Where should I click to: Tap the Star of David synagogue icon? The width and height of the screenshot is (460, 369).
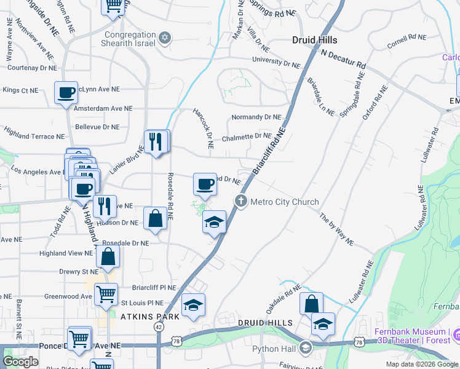(x=164, y=39)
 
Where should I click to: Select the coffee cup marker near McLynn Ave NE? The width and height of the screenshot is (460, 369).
(x=66, y=93)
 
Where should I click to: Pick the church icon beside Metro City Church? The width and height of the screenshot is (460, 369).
(x=240, y=201)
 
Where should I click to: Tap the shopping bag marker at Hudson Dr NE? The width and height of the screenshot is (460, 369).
(x=156, y=218)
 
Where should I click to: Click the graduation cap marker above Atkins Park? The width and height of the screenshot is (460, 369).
(x=193, y=305)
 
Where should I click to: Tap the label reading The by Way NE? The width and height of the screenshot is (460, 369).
(x=336, y=229)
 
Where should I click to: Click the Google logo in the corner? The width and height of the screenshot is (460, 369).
(x=20, y=362)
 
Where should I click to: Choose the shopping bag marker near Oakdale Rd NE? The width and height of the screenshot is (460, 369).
(x=312, y=303)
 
